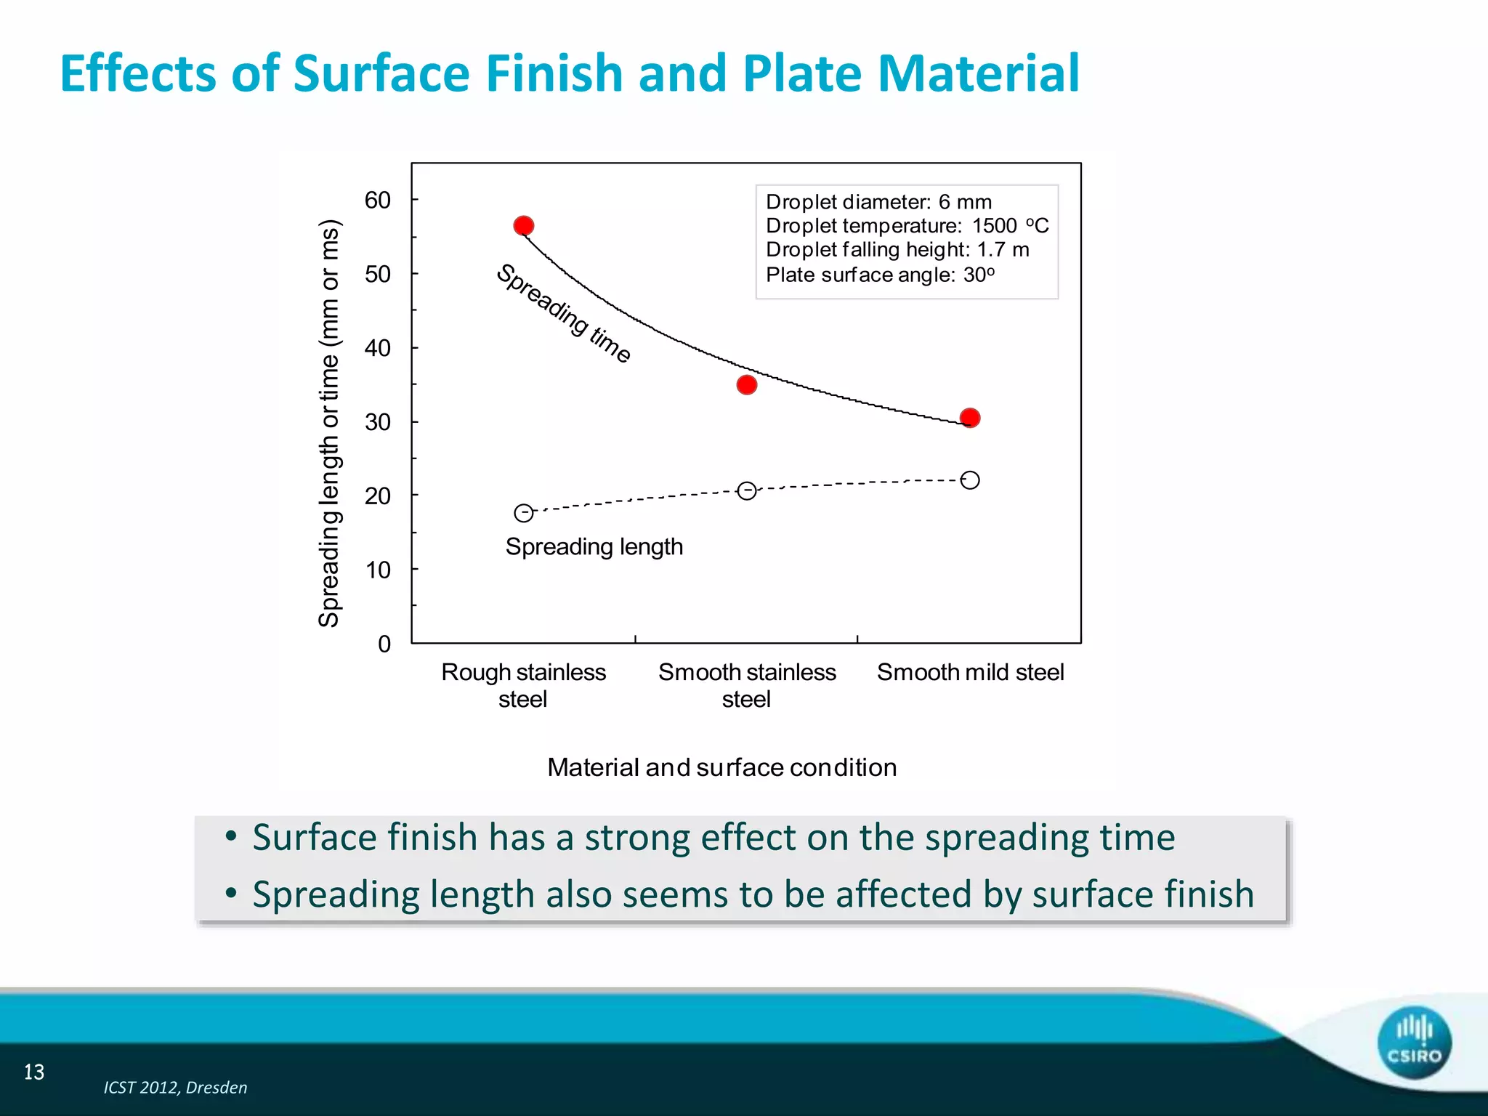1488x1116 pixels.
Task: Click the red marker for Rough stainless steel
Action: pos(523,226)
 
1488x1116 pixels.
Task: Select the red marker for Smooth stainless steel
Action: pos(746,384)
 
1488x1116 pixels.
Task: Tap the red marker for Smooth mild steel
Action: pos(969,418)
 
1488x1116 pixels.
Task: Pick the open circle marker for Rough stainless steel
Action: pos(523,513)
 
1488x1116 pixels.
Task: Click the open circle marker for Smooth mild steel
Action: pos(969,480)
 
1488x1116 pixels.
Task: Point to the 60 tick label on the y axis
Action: pos(377,200)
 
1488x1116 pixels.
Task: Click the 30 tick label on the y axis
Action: pos(377,422)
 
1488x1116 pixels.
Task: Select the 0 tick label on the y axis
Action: pos(384,644)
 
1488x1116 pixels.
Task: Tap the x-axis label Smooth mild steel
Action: pos(970,672)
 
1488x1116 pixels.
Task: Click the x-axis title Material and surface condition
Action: pos(721,767)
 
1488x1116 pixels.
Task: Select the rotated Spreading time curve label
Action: pos(563,312)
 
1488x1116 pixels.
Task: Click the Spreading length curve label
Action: pos(594,546)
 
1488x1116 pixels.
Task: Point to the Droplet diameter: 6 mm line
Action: pos(878,201)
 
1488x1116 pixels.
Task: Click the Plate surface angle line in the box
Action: pos(880,275)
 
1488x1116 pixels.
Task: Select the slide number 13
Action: pos(34,1072)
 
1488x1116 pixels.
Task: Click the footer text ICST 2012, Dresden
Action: pos(175,1088)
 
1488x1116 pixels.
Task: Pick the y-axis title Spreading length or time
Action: pos(329,423)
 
